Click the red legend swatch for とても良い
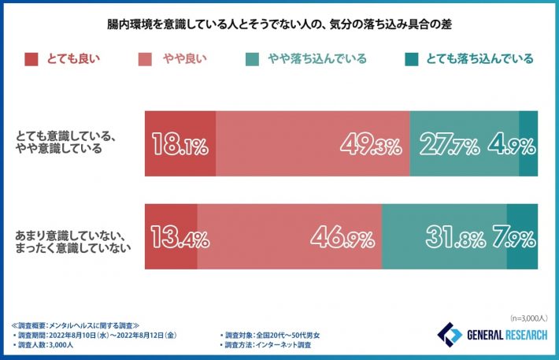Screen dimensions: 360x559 31,58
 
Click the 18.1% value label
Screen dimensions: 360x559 179,145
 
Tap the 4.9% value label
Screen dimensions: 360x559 512,145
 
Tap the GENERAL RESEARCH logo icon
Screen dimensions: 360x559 450,333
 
